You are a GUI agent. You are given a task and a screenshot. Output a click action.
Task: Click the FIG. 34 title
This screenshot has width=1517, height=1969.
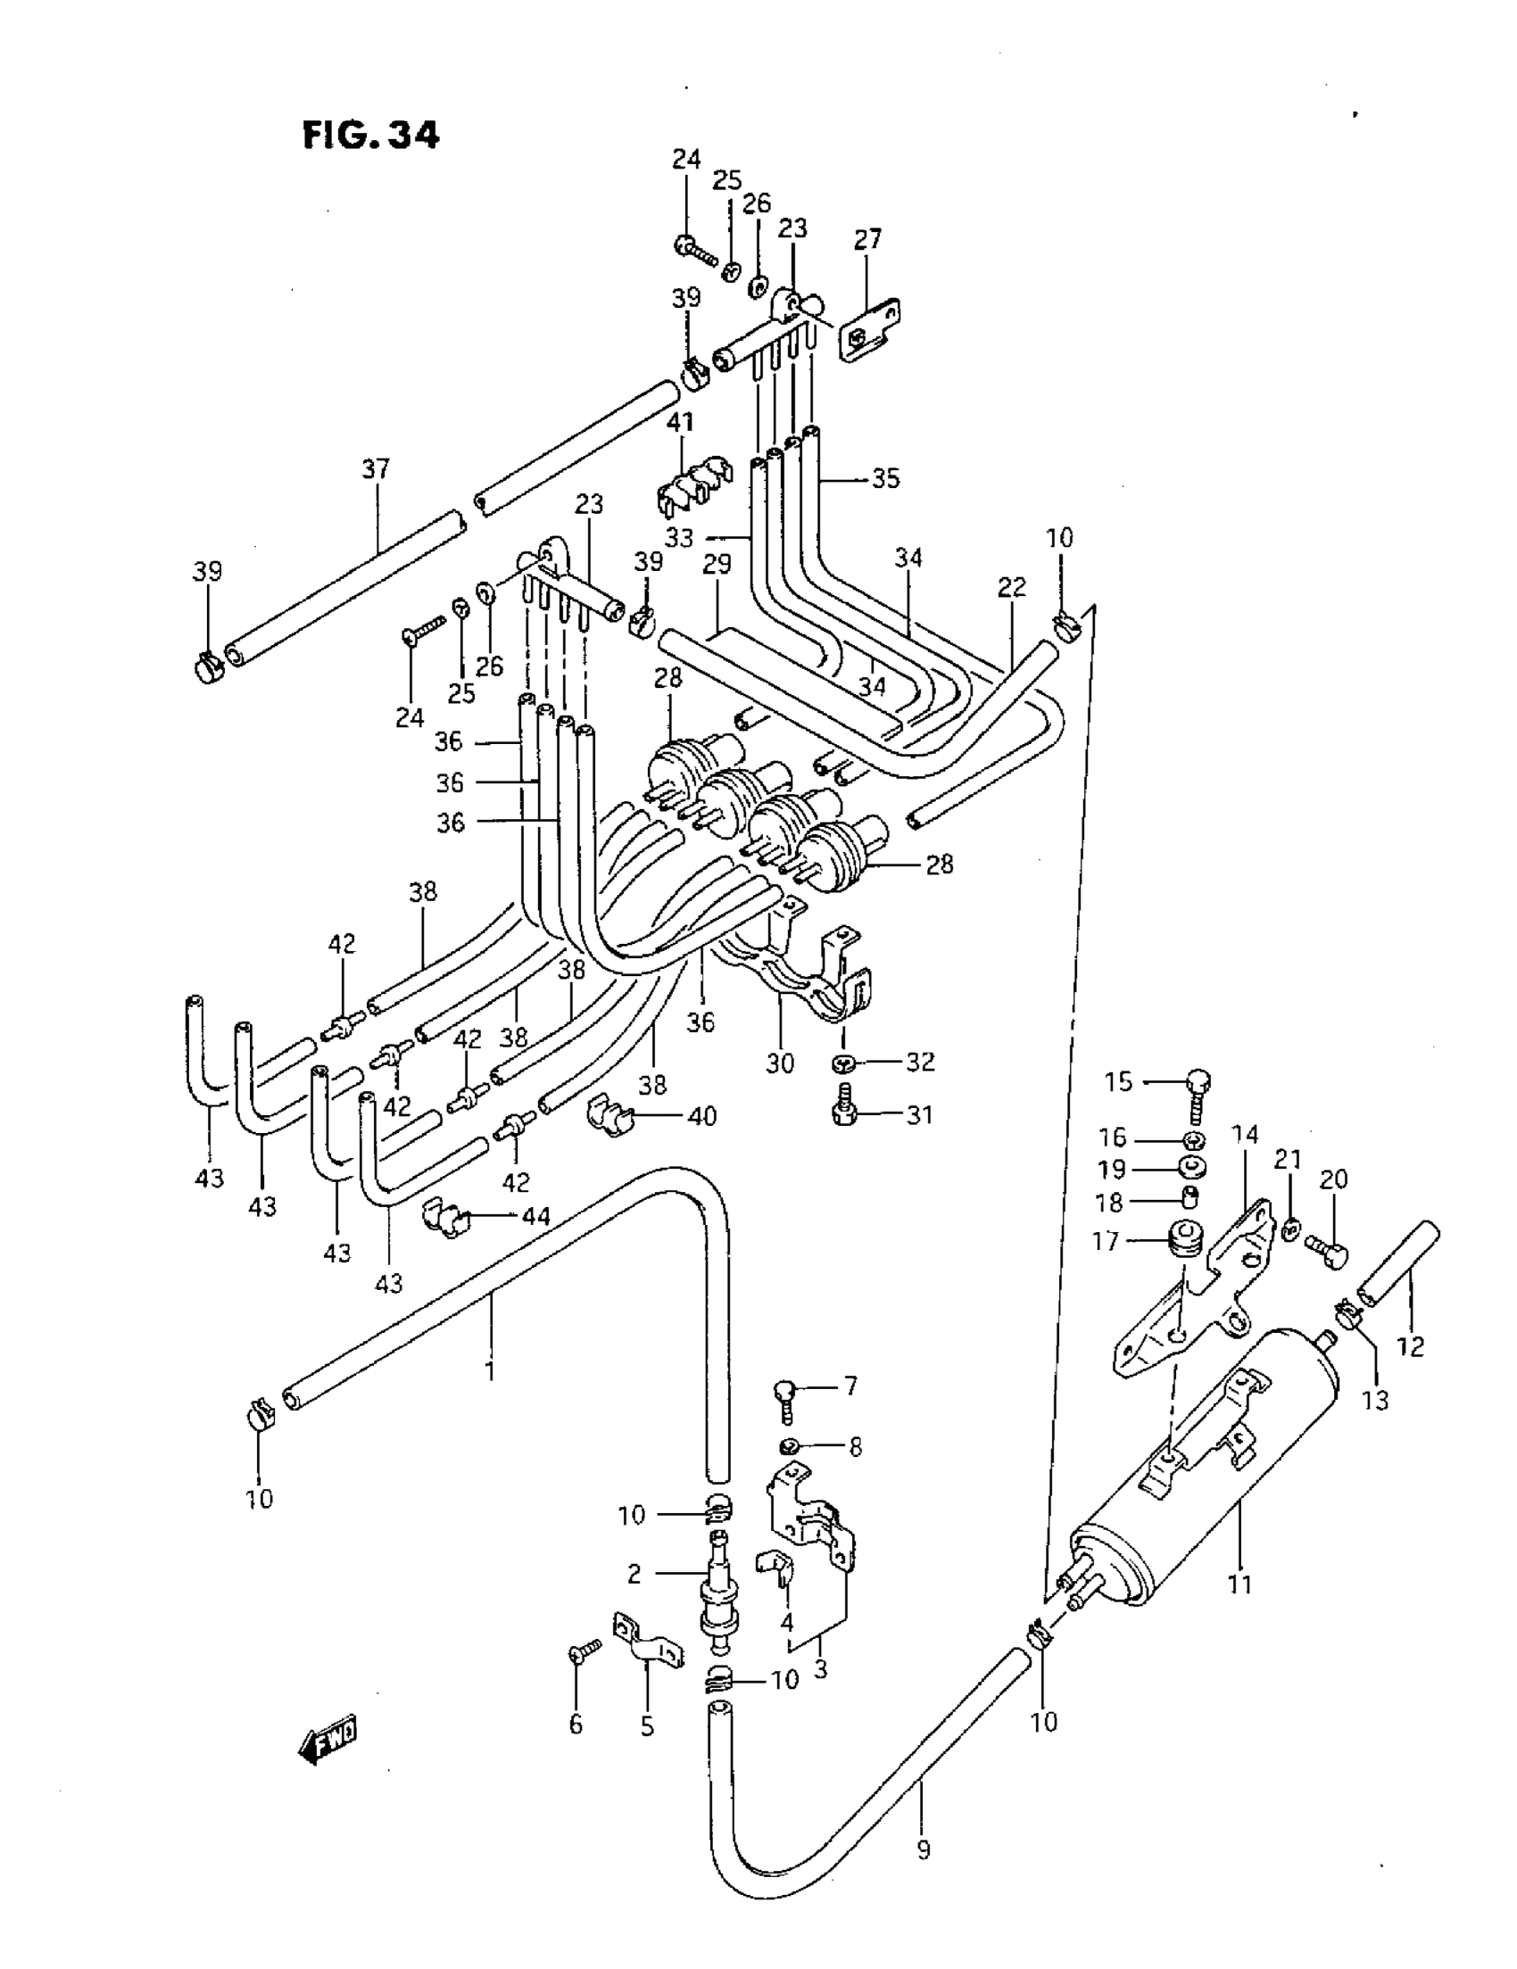coord(370,136)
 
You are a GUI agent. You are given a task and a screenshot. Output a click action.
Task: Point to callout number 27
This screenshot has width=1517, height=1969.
coord(866,240)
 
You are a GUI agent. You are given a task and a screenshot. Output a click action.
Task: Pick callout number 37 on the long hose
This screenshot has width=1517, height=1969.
coord(375,468)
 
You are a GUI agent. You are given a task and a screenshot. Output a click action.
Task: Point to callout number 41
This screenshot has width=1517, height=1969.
coord(680,422)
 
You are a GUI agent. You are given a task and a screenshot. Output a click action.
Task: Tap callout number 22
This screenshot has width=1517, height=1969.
coord(1012,587)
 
